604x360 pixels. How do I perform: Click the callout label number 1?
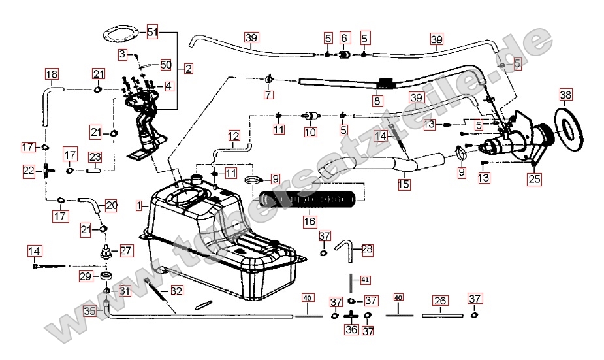pyautogui.click(x=138, y=205)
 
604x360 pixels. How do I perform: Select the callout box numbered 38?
pyautogui.click(x=565, y=95)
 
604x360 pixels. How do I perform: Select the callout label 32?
pyautogui.click(x=176, y=290)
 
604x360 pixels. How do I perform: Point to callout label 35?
pyautogui.click(x=90, y=311)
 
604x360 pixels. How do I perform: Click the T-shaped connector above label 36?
pyautogui.click(x=351, y=316)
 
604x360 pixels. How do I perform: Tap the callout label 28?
pyautogui.click(x=367, y=249)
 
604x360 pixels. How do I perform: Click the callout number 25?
pyautogui.click(x=534, y=177)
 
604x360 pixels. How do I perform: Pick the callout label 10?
pyautogui.click(x=310, y=132)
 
